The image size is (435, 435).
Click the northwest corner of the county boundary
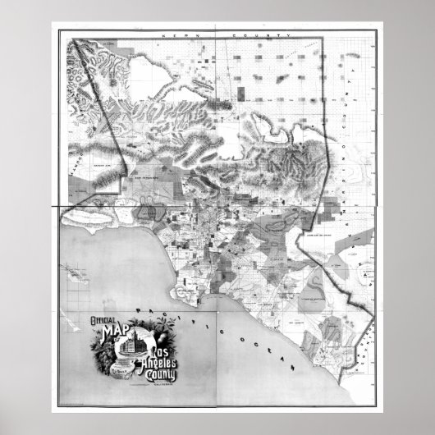click(x=70, y=39)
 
